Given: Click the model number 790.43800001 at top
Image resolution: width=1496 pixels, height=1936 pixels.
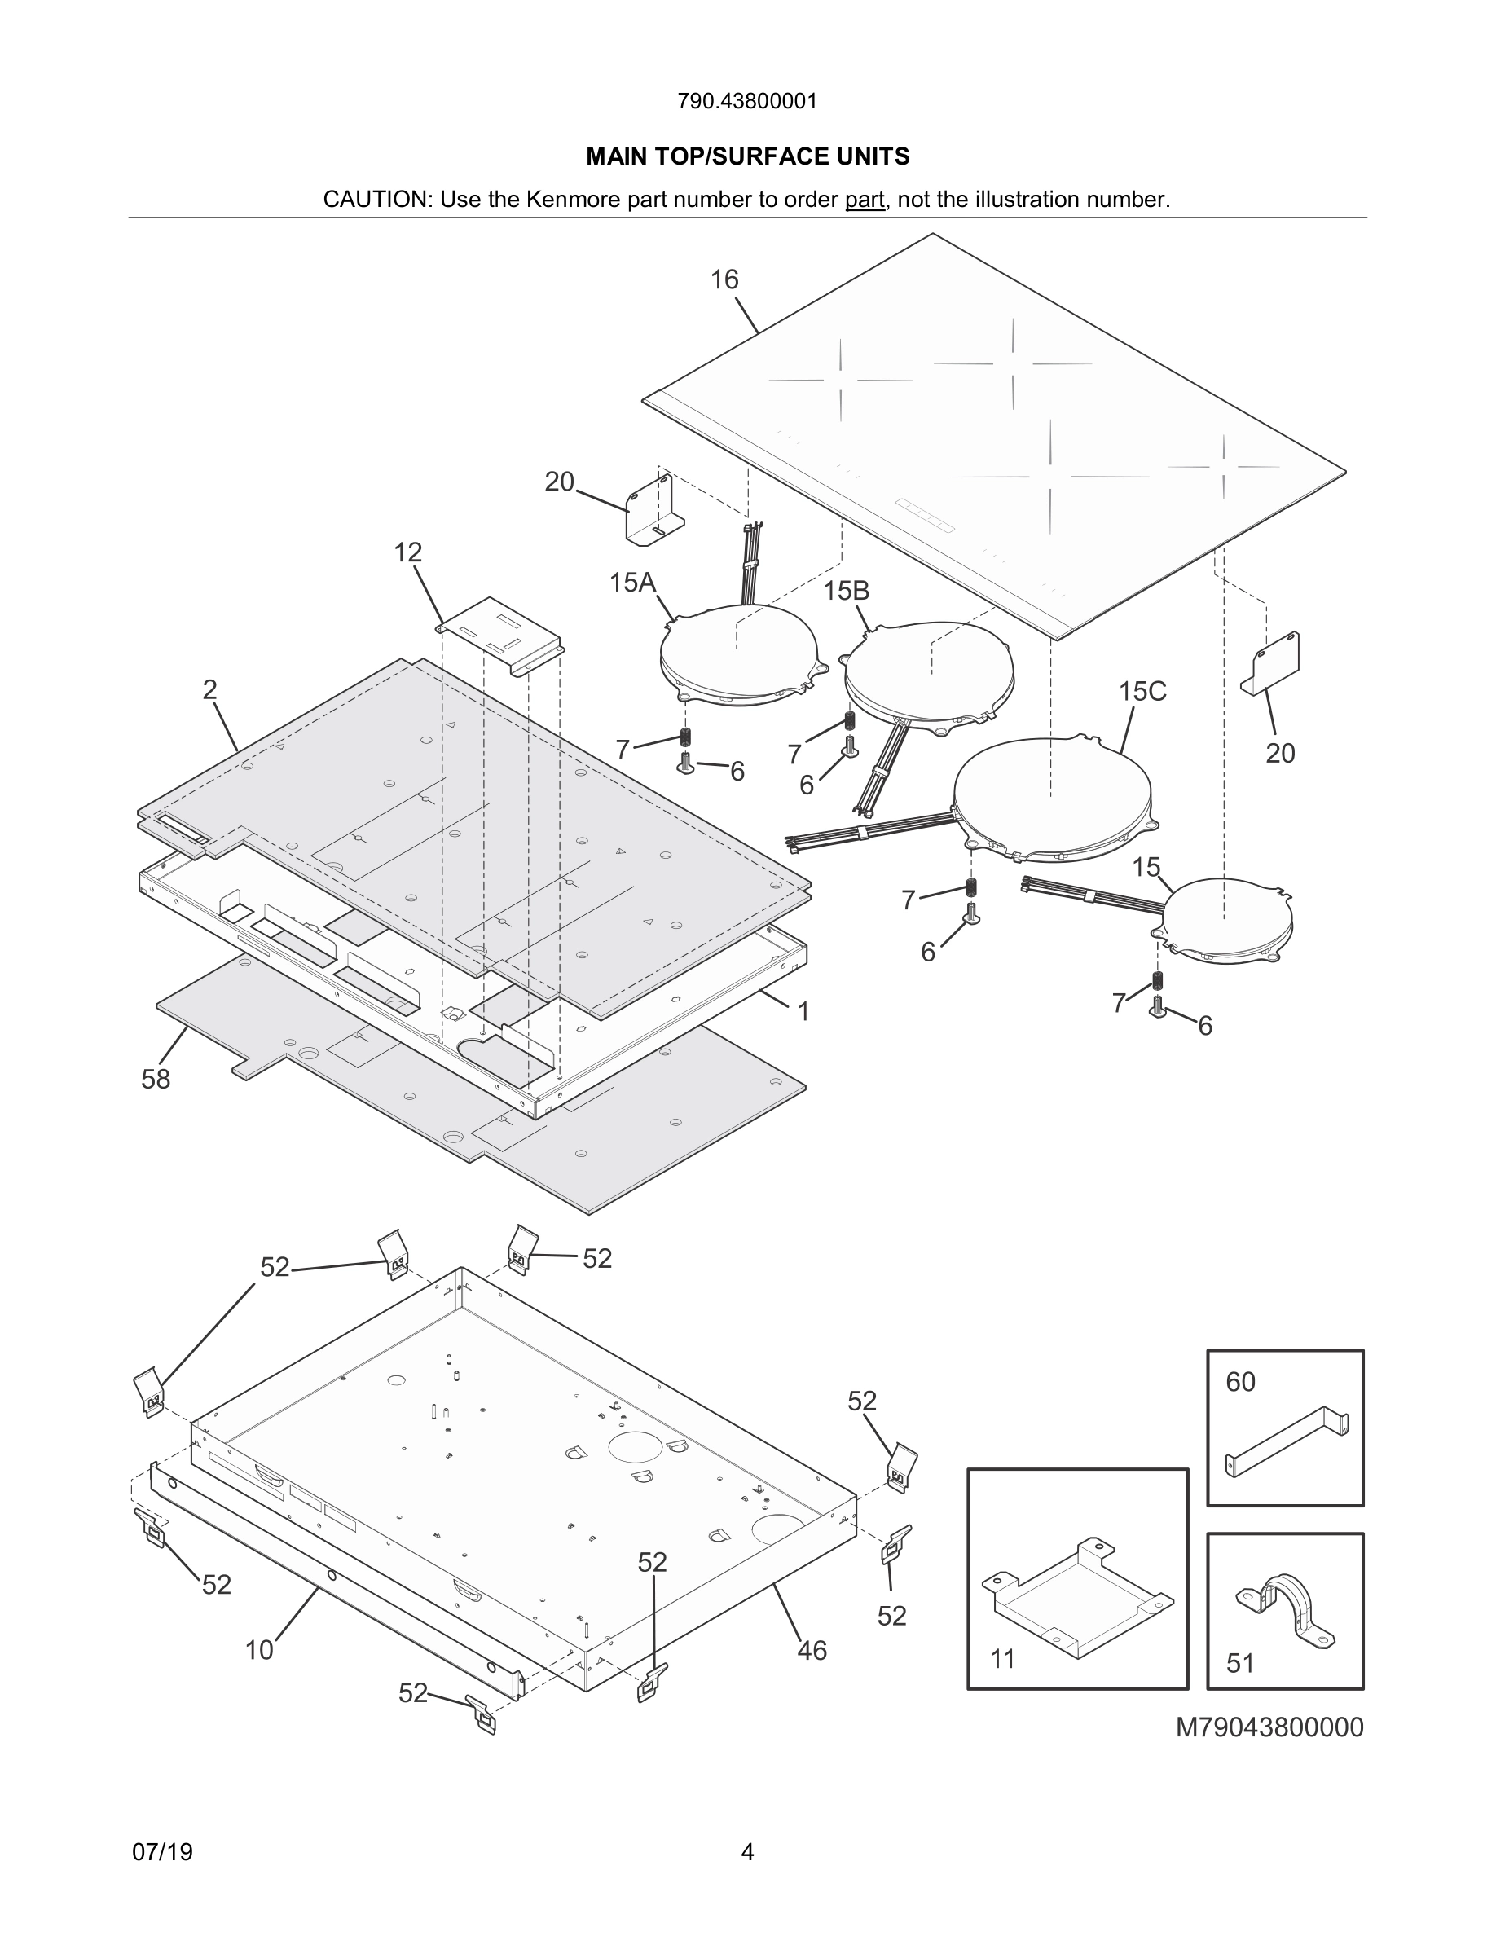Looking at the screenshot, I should pyautogui.click(x=747, y=101).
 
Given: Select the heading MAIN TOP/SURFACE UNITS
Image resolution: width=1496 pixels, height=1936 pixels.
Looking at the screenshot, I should pyautogui.click(x=747, y=157).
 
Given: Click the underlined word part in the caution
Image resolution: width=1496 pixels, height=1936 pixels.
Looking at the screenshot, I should pyautogui.click(x=864, y=200).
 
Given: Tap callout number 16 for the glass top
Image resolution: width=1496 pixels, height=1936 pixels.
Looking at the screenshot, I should pyautogui.click(x=724, y=280).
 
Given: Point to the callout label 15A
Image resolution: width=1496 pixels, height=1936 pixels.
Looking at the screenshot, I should pyautogui.click(x=632, y=583).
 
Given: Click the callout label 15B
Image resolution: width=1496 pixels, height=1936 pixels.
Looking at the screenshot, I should pyautogui.click(x=847, y=591).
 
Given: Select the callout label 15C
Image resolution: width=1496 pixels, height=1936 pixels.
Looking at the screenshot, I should pyautogui.click(x=1142, y=692).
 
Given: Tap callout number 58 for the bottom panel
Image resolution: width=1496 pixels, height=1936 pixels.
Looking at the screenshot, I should pyautogui.click(x=156, y=1079).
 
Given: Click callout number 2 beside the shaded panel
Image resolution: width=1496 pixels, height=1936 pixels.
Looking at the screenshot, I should pyautogui.click(x=210, y=689).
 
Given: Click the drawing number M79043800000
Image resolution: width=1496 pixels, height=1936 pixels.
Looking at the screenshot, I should pyautogui.click(x=1269, y=1727).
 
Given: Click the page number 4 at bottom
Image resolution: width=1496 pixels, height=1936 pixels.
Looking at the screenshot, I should pyautogui.click(x=747, y=1852).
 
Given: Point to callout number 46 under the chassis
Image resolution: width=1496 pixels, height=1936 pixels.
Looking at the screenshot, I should pyautogui.click(x=812, y=1651).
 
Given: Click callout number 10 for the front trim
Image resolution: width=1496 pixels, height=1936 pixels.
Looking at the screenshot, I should pyautogui.click(x=260, y=1650).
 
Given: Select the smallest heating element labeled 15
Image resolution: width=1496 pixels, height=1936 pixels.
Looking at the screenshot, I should pyautogui.click(x=1227, y=922).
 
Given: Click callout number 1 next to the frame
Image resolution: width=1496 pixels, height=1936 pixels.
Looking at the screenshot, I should pyautogui.click(x=803, y=1011).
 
